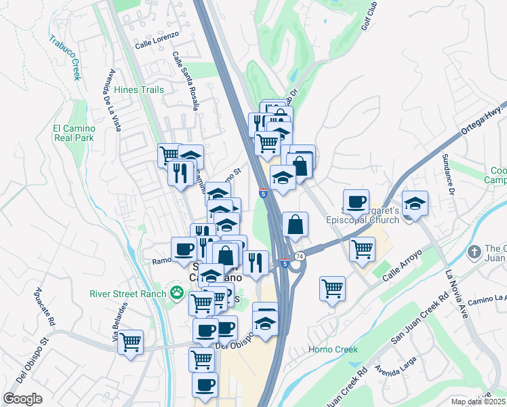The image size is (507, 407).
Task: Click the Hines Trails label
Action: [x=140, y=90]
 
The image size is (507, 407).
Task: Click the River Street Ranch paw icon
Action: [x=177, y=293]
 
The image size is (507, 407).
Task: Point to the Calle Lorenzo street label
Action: [x=157, y=40]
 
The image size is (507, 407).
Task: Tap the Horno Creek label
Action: [x=332, y=349]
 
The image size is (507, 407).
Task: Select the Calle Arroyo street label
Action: [x=402, y=267]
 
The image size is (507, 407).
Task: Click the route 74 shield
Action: [x=300, y=256]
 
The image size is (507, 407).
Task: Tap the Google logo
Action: [x=22, y=398]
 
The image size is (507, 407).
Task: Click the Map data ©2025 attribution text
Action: [x=479, y=402]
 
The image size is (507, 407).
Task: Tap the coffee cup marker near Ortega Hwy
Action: [x=356, y=201]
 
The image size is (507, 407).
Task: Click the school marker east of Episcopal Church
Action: [x=415, y=203]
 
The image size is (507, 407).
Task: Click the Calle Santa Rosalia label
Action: [x=184, y=81]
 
